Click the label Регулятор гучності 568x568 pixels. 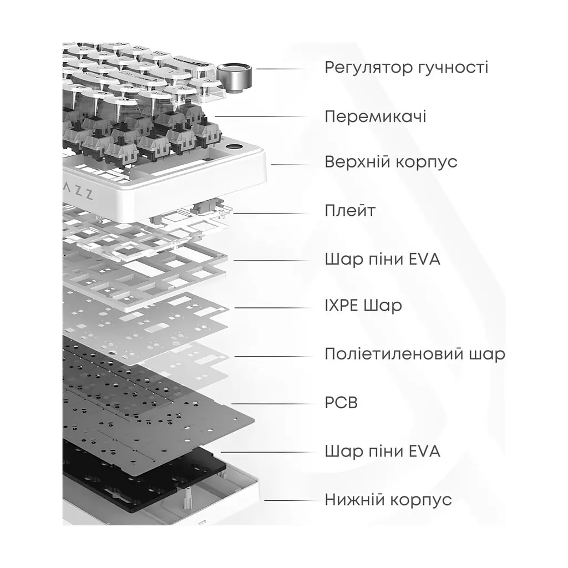[407, 68]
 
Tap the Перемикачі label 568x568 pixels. [376, 116]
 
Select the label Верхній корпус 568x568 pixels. [391, 162]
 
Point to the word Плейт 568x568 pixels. [350, 210]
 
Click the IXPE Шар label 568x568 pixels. [363, 306]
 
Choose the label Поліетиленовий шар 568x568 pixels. [415, 354]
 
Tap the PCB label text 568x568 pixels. [341, 403]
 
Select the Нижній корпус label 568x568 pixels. [388, 500]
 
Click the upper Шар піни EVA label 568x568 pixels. [383, 260]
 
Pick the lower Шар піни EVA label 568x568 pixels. [383, 452]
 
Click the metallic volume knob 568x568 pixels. [234, 76]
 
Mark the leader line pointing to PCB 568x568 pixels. [272, 404]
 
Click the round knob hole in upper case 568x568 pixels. [234, 147]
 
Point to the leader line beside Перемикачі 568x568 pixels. [261, 116]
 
